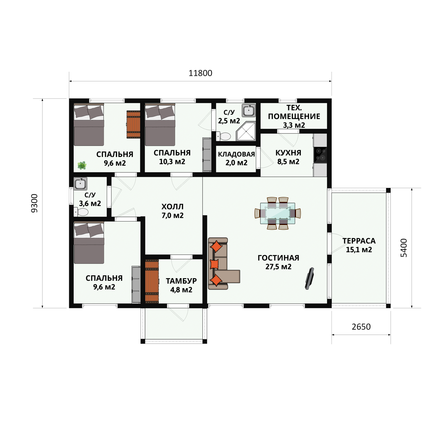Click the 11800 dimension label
(200, 73)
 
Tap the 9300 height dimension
(34, 203)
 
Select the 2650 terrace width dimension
(361, 327)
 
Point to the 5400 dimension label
(404, 248)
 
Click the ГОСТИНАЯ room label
(278, 258)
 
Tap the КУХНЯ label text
(288, 153)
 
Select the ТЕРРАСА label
(359, 241)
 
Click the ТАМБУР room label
(181, 281)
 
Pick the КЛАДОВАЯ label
(236, 154)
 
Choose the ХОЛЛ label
(172, 207)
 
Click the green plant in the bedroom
(82, 165)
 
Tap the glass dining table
(278, 213)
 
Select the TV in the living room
(309, 278)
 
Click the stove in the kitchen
(320, 155)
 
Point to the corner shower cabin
(246, 131)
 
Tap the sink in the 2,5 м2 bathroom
(249, 110)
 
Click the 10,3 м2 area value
(172, 162)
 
